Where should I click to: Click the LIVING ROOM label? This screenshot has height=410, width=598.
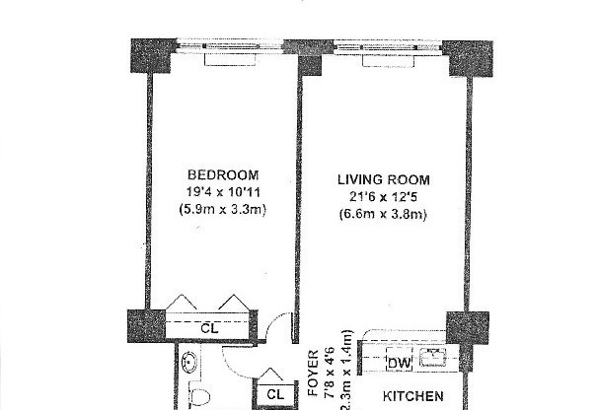coord(383,179)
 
